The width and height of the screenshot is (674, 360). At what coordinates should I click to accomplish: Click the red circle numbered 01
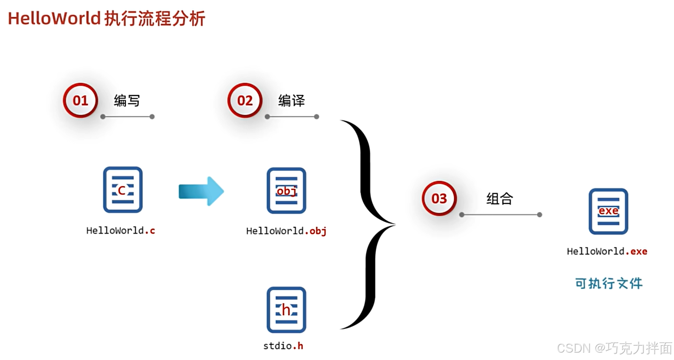point(80,101)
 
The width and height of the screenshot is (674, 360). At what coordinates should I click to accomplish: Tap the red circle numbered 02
point(245,101)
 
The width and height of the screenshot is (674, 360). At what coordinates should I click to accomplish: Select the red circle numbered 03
point(439,199)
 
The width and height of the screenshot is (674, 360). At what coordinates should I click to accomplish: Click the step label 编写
point(127,101)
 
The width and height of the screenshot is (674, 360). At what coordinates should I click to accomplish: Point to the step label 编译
point(291,101)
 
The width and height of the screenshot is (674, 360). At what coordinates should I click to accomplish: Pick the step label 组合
point(500,199)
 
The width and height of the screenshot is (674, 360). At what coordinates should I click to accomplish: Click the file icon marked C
point(122,190)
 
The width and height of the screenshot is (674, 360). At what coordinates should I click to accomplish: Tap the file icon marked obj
point(286,191)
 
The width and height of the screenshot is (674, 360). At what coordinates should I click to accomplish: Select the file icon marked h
point(286,310)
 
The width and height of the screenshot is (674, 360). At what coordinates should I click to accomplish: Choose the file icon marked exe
point(608,211)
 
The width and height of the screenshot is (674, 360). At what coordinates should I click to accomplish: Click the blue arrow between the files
point(201,191)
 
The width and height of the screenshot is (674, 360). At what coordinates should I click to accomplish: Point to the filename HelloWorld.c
point(121,230)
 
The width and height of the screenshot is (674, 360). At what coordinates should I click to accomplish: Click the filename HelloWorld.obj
point(286,231)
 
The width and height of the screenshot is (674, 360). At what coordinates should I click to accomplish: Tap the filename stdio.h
point(283,346)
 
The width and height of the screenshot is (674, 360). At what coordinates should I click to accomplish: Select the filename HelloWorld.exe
point(607,252)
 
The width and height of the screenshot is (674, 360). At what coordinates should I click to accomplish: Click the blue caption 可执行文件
point(608,284)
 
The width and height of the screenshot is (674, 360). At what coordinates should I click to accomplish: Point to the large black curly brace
point(369,224)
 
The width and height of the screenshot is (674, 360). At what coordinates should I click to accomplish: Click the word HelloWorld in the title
point(54,19)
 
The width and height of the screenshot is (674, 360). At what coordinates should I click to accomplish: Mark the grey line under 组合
point(500,215)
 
